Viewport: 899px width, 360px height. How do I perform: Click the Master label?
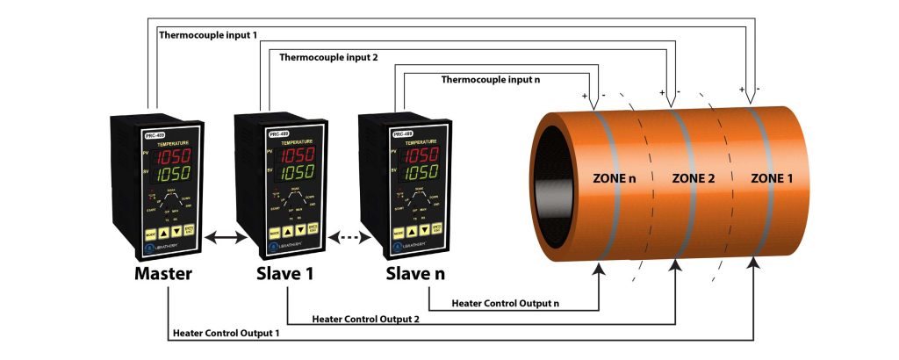[163, 274]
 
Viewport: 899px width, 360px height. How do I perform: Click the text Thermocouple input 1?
[208, 35]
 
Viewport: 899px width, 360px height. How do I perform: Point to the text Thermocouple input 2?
[328, 58]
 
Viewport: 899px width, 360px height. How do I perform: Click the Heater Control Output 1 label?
[227, 333]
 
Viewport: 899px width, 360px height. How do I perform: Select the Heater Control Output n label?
[505, 303]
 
